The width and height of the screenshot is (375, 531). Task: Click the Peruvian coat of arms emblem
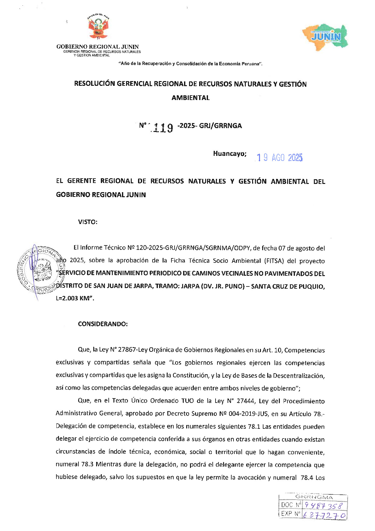98,28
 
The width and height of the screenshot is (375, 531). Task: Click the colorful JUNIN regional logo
326,36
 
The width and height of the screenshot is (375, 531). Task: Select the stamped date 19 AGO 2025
280,157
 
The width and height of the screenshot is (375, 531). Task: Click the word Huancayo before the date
230,154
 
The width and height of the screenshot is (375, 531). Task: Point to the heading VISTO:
88,222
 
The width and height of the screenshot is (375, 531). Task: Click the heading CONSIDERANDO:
103,324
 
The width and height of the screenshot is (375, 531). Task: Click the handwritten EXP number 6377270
324,515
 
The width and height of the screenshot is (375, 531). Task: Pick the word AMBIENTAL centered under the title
190,98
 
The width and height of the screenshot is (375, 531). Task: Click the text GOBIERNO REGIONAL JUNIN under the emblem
97,47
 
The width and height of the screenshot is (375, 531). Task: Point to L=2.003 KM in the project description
74,298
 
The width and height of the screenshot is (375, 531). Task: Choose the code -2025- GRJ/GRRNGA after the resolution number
210,126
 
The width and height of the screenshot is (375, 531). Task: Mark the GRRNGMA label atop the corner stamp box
314,497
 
